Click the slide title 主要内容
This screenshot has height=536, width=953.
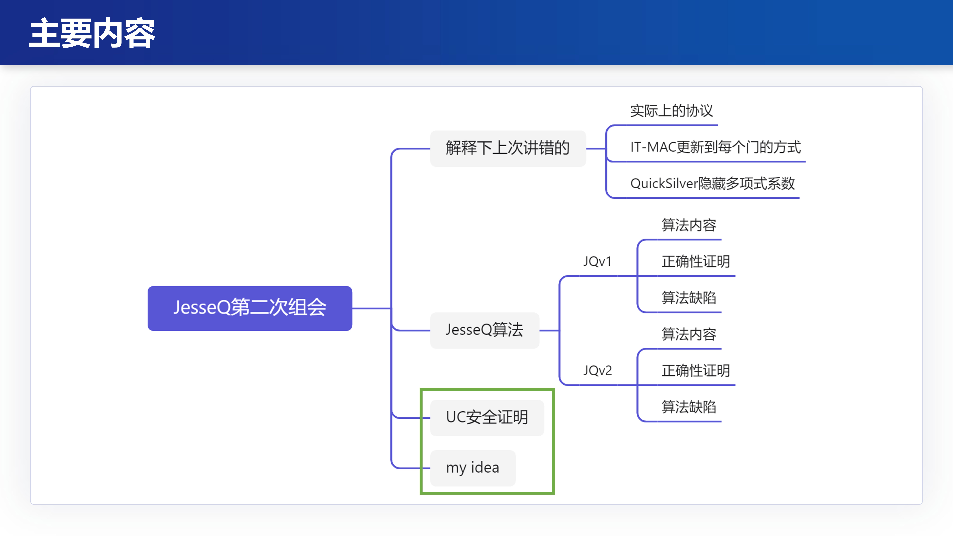tap(92, 33)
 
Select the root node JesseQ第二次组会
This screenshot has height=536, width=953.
tap(250, 308)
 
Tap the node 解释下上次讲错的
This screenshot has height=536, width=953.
tap(508, 148)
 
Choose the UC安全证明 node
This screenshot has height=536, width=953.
tap(487, 417)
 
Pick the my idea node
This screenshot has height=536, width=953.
tap(472, 468)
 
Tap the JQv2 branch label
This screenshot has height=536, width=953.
tap(597, 370)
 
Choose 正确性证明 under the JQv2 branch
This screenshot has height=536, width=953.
tap(696, 370)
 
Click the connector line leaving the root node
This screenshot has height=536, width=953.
tap(371, 308)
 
